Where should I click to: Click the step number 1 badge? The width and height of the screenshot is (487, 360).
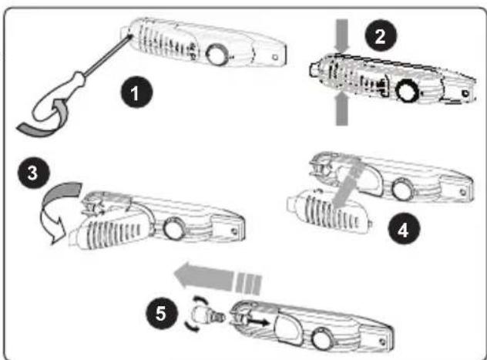pos(136,93)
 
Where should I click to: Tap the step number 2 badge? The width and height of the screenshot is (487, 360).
pos(381,35)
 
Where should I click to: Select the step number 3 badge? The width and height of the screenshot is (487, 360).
pos(34,173)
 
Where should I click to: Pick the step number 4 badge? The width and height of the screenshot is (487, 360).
pos(404,229)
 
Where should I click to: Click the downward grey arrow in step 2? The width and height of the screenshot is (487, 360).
pos(342,35)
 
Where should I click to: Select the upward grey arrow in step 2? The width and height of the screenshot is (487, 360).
pos(341,109)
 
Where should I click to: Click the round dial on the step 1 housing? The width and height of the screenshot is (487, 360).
pos(218,55)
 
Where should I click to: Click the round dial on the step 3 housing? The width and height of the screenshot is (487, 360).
pos(174,229)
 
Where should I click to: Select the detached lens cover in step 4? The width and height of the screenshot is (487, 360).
pos(329,211)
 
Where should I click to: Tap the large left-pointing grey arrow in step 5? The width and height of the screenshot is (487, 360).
pos(217,277)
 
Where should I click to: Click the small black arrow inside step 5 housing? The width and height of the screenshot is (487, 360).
pos(257,322)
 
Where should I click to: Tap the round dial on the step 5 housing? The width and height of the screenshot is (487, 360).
pos(322,338)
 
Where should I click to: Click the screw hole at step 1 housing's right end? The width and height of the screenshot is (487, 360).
pos(275,58)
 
